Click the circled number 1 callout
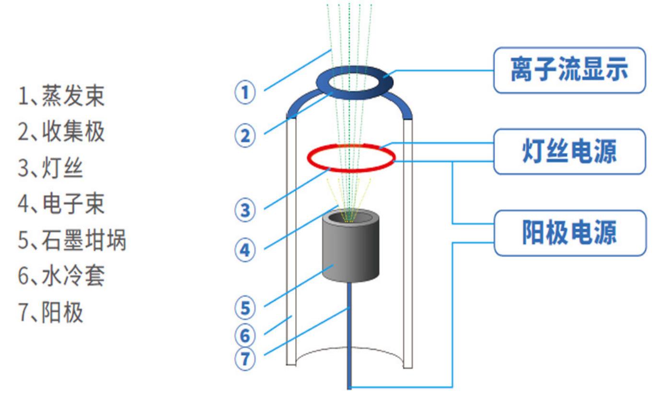[x=245, y=92]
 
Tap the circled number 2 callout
[x=245, y=136]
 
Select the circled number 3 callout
[x=245, y=210]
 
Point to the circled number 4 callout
[x=245, y=250]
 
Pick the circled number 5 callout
[x=245, y=308]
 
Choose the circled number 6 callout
[x=245, y=335]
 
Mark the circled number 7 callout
[x=245, y=359]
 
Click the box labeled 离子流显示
[x=569, y=70]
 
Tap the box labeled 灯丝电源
[x=569, y=151]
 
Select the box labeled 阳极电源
[x=570, y=233]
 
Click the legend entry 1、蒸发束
[x=61, y=96]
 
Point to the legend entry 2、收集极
[x=61, y=132]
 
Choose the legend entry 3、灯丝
[x=50, y=168]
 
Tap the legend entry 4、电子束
[x=61, y=204]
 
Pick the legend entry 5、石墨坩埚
[x=72, y=240]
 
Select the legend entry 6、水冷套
[x=61, y=276]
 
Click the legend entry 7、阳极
[x=50, y=312]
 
